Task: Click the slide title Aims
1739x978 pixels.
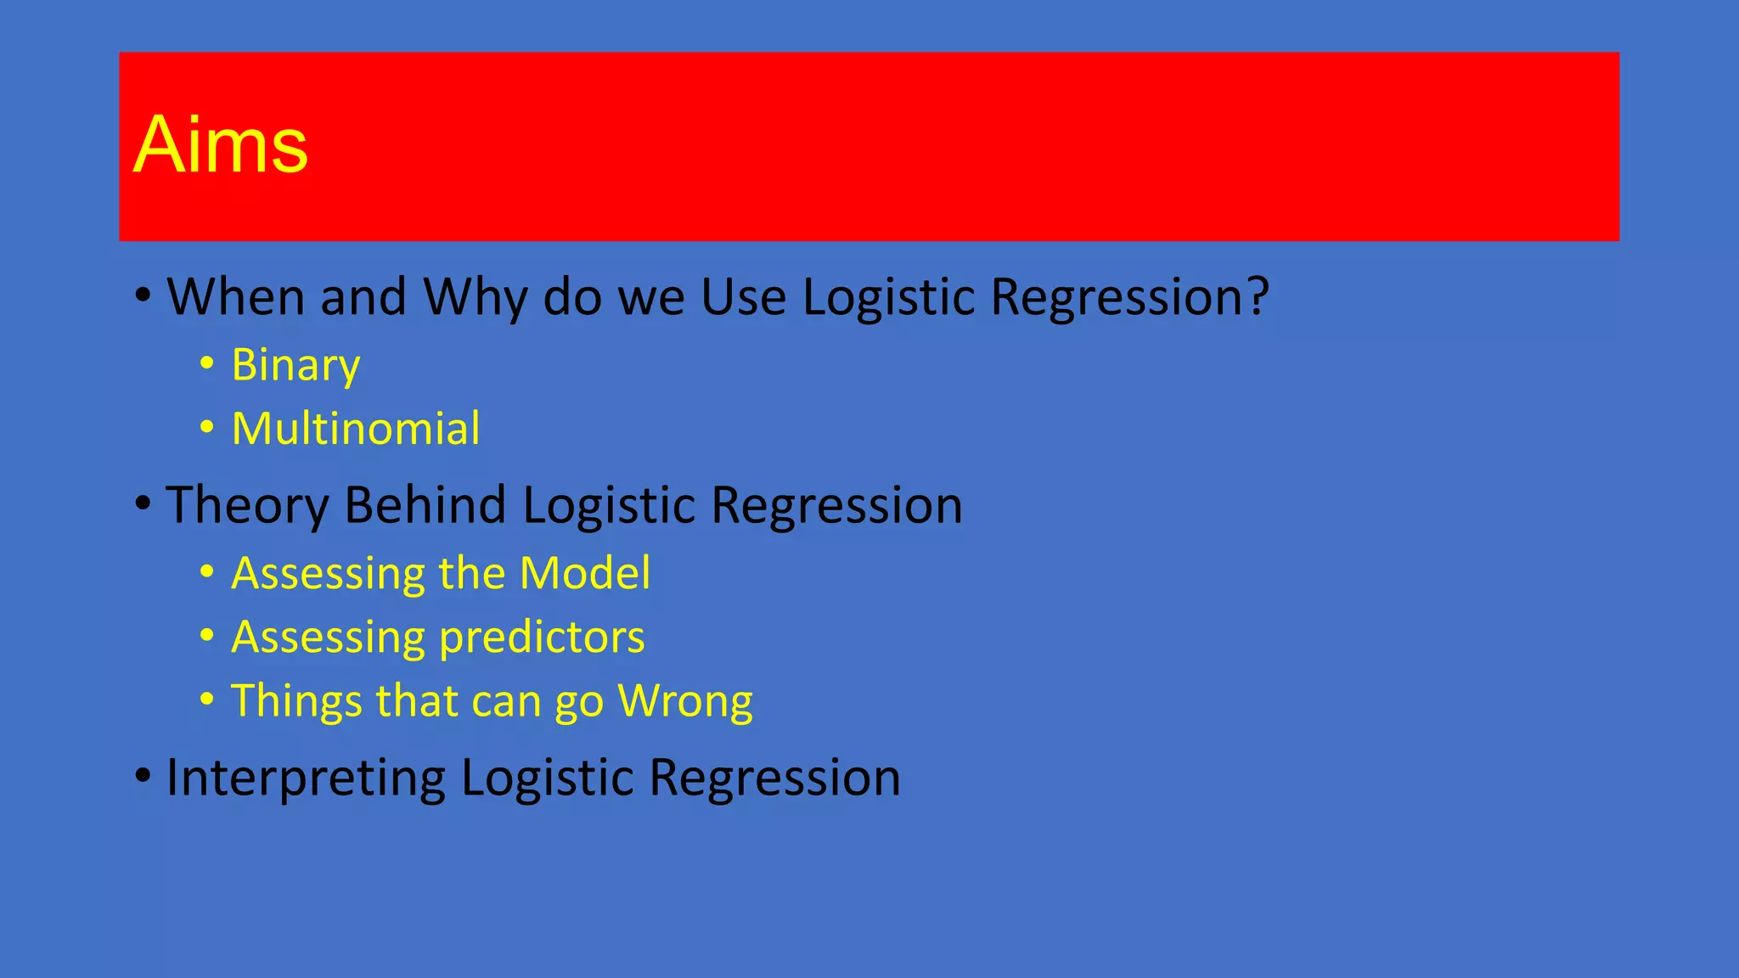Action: (x=221, y=145)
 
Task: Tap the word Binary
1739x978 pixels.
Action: (x=295, y=366)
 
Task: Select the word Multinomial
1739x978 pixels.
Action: (x=356, y=429)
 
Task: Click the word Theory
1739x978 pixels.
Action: (x=247, y=506)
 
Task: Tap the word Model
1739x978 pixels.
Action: (x=585, y=573)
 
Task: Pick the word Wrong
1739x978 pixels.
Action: (x=685, y=702)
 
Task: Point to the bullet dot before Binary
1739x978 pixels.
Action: (x=207, y=364)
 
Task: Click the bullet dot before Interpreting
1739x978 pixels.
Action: (x=143, y=775)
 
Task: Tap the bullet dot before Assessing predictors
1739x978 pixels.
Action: (x=207, y=636)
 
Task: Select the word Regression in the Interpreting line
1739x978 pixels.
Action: (x=774, y=778)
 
